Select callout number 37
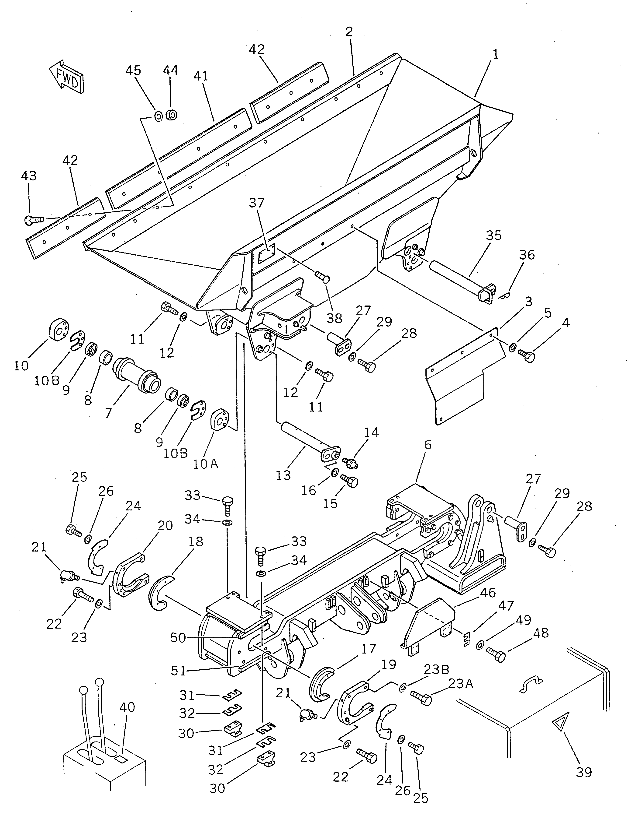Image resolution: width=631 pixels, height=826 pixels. click(x=257, y=203)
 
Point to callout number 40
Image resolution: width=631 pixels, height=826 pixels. click(x=127, y=707)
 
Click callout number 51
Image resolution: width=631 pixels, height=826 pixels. click(x=178, y=671)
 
